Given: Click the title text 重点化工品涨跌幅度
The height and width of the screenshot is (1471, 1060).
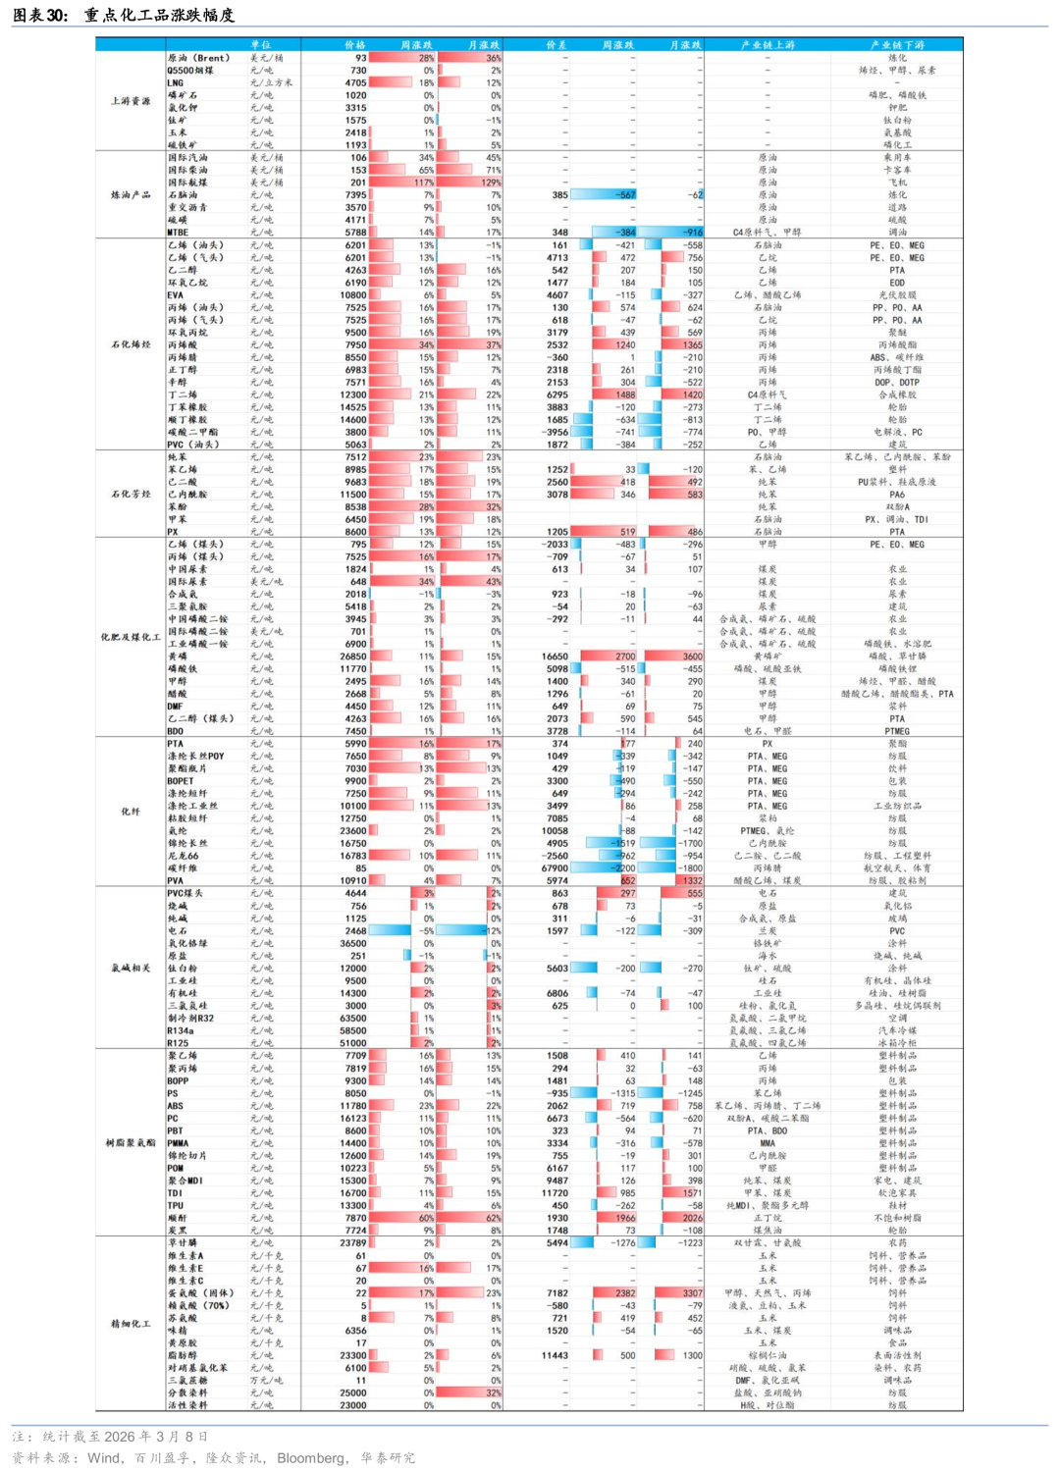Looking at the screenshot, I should point(159,15).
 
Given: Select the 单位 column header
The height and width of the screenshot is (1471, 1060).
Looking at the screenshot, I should point(260,45).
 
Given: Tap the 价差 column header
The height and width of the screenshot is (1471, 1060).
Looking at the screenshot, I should point(556,45).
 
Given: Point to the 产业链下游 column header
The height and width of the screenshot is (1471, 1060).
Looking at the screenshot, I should point(896,45).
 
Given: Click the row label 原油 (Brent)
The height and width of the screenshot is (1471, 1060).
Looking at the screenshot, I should point(198,58).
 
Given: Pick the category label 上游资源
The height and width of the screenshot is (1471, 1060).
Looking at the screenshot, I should point(131,101).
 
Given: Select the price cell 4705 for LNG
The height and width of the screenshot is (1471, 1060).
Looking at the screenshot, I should point(355,83).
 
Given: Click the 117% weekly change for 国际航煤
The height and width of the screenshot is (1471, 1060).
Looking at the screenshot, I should point(423,183).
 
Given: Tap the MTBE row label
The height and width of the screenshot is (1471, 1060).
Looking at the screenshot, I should point(178,233).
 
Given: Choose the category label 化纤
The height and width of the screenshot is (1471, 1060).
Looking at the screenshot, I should point(131,812).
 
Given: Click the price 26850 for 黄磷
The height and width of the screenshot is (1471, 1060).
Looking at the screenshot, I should point(352,657).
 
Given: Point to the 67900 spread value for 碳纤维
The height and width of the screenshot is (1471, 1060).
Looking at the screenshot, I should point(555,868).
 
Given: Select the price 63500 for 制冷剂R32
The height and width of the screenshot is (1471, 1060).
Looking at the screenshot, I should point(352,1019).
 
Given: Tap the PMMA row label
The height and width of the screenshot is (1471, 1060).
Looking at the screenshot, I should point(178,1143).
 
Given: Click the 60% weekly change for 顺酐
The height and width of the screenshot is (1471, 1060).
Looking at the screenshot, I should point(426,1218).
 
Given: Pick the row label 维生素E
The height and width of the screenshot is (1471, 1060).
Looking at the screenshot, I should point(185,1268).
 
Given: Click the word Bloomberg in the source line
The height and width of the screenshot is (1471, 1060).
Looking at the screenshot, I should point(311,1458).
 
